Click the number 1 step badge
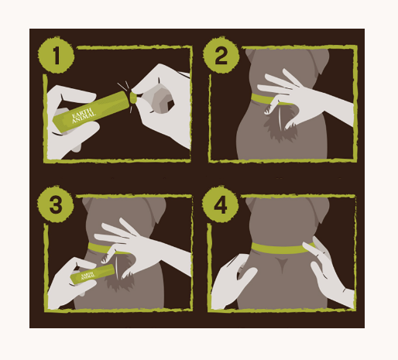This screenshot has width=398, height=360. coord(57,55)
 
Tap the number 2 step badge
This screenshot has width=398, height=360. coord(221,55)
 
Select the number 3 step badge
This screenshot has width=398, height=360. coord(56,204)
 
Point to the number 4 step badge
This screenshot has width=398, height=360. coord(220,204)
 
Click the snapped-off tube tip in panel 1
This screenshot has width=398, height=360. coord(133,98)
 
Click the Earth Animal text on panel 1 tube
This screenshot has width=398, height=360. coord(83,115)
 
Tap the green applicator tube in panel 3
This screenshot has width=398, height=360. coord(92,274)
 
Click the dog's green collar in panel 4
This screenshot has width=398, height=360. coord(283,249)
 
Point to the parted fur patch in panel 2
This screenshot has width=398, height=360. coord(280,124)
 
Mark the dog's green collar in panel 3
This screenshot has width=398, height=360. coord(108,249)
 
